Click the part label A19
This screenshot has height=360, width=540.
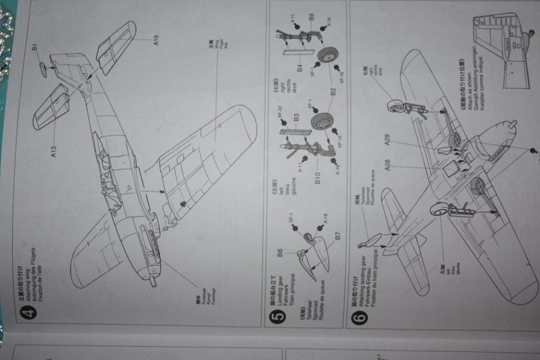[x=156, y=41]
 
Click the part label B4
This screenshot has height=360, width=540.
[x=299, y=67]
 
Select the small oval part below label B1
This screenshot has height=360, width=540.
[x=42, y=69]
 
